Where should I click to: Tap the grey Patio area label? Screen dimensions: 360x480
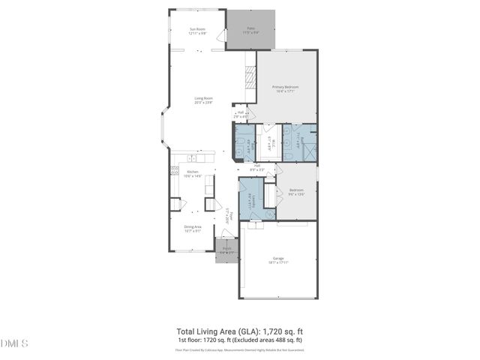coord(251,31)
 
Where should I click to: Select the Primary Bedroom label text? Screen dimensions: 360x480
coord(285,88)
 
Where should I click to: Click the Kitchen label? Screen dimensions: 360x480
coord(193,173)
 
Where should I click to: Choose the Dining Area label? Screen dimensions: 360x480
coord(193,229)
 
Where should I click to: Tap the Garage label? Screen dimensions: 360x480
coord(278,260)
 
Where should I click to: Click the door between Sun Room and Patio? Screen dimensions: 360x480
coord(221,36)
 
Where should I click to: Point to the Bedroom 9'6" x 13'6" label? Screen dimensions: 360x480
coord(296,192)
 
